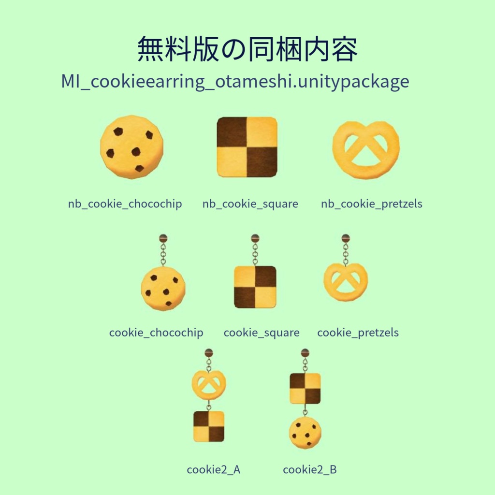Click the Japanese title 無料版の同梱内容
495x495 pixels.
point(247,49)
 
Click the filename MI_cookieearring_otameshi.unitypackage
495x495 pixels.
point(235,82)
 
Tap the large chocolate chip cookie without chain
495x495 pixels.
point(131,147)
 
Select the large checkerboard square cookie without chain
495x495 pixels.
point(247,147)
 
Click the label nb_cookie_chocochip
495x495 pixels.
point(125,204)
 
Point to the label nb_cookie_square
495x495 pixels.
point(250,204)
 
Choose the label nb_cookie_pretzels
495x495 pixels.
point(371,204)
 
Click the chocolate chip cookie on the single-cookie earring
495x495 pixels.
point(163,288)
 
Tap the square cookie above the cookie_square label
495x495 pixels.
point(255,287)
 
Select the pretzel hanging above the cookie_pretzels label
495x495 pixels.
point(346,282)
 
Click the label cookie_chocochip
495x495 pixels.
point(156,333)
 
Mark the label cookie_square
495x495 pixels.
point(262,333)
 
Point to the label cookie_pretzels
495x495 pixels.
point(358,333)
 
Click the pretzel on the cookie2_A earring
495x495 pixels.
point(209,385)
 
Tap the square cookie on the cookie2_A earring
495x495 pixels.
point(209,426)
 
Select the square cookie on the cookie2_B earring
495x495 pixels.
point(305,388)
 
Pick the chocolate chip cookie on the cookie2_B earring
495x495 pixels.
point(305,433)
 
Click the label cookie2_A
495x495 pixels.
point(214,469)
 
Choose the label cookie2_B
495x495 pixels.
point(310,469)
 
